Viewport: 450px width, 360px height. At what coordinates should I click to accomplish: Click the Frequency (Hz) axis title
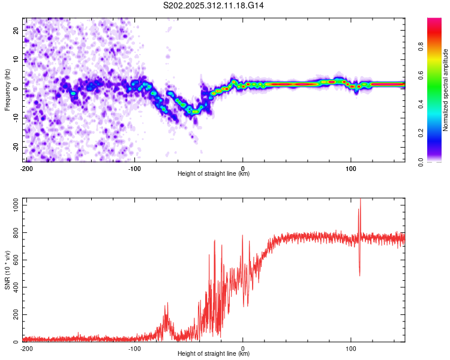(x=7, y=90)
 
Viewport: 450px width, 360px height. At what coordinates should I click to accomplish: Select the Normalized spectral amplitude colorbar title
(x=445, y=90)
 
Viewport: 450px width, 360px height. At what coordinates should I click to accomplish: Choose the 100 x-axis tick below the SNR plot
(x=351, y=348)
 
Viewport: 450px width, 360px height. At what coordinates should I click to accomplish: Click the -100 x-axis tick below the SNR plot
(x=134, y=348)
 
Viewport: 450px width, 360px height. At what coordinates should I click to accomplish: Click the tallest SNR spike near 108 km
(x=360, y=201)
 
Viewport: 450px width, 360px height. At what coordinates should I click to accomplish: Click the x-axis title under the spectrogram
(x=214, y=174)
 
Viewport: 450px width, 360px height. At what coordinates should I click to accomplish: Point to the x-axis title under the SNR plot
(x=214, y=354)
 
